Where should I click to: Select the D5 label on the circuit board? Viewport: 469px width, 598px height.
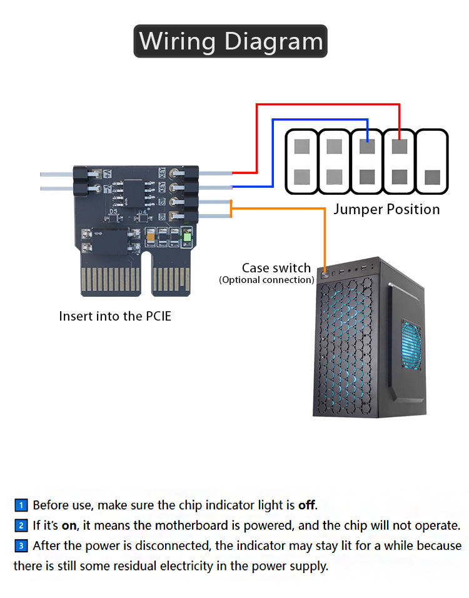click(x=113, y=212)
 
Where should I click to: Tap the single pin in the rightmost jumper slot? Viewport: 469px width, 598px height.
click(x=432, y=177)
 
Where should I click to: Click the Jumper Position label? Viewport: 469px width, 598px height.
click(x=386, y=209)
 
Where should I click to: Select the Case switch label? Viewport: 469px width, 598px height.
click(x=276, y=269)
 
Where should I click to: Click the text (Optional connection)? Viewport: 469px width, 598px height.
click(x=266, y=280)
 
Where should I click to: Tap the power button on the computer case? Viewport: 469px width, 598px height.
click(x=325, y=274)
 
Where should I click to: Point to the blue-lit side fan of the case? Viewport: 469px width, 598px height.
click(x=411, y=348)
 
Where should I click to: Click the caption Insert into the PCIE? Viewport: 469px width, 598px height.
click(x=115, y=316)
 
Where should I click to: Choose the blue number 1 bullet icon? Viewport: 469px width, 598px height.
click(x=21, y=505)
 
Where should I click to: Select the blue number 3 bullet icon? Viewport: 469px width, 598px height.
click(x=21, y=546)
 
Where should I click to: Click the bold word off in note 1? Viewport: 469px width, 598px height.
click(x=306, y=505)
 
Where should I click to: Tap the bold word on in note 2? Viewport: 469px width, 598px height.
click(x=68, y=525)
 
